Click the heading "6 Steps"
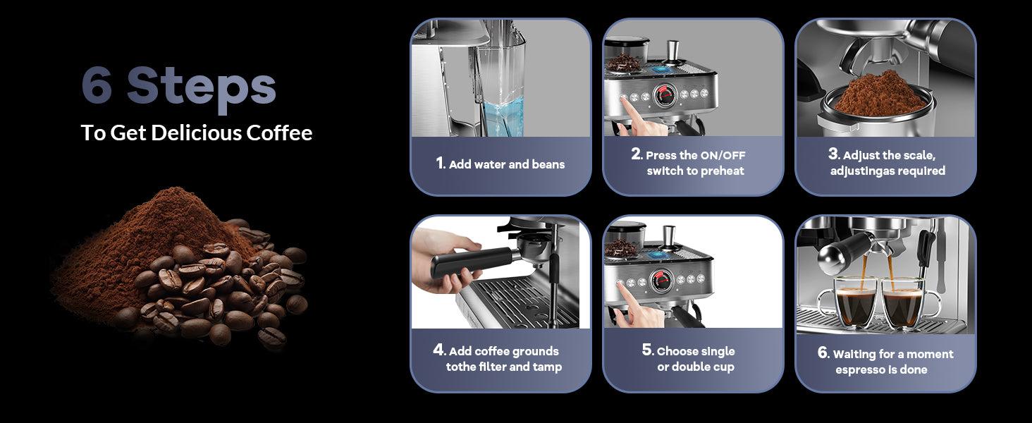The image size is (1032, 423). click(x=178, y=87)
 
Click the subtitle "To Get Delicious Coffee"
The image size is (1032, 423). click(x=196, y=133)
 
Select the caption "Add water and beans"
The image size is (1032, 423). click(x=507, y=164)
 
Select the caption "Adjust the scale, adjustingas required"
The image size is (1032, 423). click(x=887, y=163)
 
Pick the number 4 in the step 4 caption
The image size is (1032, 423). click(x=438, y=350)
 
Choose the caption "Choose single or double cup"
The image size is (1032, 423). click(x=695, y=359)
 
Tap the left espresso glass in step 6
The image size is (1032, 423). click(x=854, y=303)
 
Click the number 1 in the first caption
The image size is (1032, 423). click(x=441, y=164)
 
